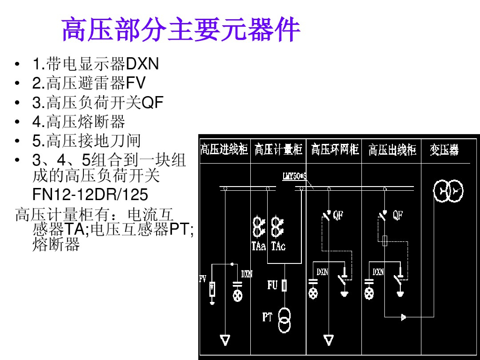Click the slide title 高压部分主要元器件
180,30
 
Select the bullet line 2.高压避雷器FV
89,83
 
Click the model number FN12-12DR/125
90,194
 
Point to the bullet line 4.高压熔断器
78,122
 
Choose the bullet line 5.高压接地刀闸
86,141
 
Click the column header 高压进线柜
224,150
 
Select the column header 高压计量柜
278,150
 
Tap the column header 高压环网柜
335,150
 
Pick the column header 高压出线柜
392,150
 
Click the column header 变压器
444,150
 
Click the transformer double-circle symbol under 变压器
448,190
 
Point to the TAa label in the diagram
259,246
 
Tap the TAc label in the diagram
278,246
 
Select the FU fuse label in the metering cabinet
272,285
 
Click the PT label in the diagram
267,317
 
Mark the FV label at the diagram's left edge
203,279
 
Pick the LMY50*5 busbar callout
294,177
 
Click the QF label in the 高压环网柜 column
338,215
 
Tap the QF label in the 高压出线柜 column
397,215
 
